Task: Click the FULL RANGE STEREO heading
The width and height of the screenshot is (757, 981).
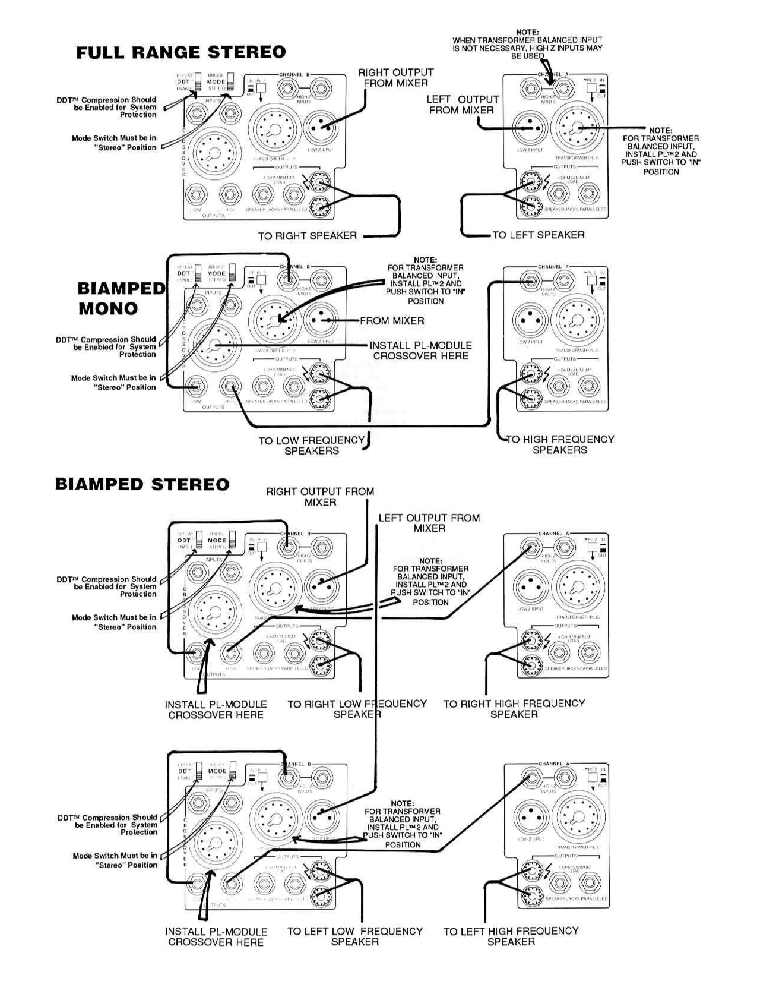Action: (x=181, y=52)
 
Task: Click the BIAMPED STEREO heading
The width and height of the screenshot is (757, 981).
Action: (x=142, y=484)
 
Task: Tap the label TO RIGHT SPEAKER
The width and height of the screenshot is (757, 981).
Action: (x=307, y=236)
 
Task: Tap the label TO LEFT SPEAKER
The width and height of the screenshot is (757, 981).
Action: (x=538, y=235)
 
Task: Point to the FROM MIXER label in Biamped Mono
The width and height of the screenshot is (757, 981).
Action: (x=392, y=321)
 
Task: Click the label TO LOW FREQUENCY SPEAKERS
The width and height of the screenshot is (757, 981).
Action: (x=312, y=446)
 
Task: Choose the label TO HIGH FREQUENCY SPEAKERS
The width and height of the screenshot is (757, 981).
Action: (x=560, y=444)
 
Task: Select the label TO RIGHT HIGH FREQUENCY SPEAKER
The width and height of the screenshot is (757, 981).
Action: (x=514, y=708)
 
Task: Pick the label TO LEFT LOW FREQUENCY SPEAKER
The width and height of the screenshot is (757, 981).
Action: (x=354, y=936)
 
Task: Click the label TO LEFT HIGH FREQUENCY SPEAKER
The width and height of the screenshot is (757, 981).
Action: (x=511, y=936)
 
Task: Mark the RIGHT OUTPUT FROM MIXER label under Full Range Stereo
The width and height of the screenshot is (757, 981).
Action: (x=395, y=78)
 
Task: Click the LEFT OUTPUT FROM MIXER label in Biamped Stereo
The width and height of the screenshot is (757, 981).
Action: (x=429, y=523)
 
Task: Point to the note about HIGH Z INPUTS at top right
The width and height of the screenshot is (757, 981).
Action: (x=527, y=44)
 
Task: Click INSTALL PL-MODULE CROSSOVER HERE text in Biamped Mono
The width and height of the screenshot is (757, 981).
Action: (x=421, y=351)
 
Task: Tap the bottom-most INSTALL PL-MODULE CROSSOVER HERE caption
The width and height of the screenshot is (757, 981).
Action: (x=216, y=936)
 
